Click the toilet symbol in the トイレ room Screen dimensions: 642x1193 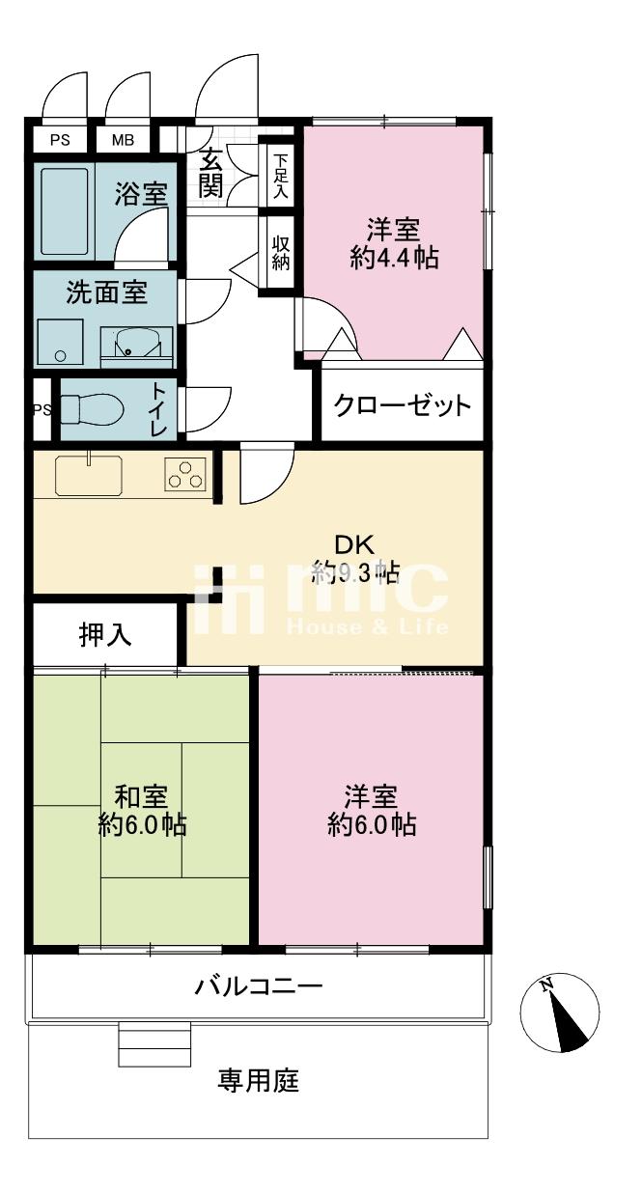point(92,409)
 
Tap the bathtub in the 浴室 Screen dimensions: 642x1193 point(65,211)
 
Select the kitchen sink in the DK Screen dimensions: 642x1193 point(89,475)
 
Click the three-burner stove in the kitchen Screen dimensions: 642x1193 point(185,474)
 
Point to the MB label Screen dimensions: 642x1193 point(123,140)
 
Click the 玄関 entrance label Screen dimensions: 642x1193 point(211,173)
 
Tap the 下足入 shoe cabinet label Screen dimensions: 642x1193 point(280,177)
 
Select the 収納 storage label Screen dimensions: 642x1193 point(280,253)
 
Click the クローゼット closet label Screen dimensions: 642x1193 point(403,405)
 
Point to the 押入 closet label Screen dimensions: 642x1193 point(105,635)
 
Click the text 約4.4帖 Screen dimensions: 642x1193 point(394,258)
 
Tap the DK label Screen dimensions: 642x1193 point(354,544)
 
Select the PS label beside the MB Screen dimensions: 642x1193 point(60,140)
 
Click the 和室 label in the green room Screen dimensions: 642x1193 point(142,796)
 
